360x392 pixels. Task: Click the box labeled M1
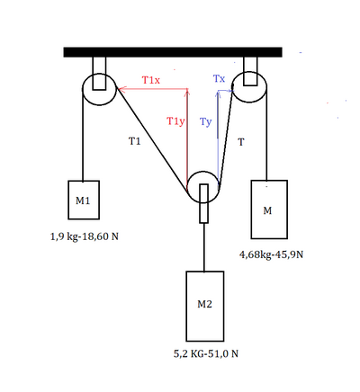84,200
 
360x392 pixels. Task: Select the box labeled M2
205,306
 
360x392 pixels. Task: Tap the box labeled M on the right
269,209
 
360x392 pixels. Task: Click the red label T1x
151,80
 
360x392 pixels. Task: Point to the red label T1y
175,121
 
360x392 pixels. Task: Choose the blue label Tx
219,79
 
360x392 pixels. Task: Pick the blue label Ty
206,121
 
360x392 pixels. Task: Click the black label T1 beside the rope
134,141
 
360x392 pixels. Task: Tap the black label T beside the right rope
241,142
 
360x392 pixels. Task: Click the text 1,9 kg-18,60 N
85,236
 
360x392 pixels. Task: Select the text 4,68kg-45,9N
271,254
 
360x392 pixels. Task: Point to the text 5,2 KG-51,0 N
206,353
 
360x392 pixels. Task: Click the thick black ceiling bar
173,52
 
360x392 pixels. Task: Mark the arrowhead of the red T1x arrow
119,89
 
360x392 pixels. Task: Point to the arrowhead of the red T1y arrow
187,90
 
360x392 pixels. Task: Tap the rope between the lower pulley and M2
204,247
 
